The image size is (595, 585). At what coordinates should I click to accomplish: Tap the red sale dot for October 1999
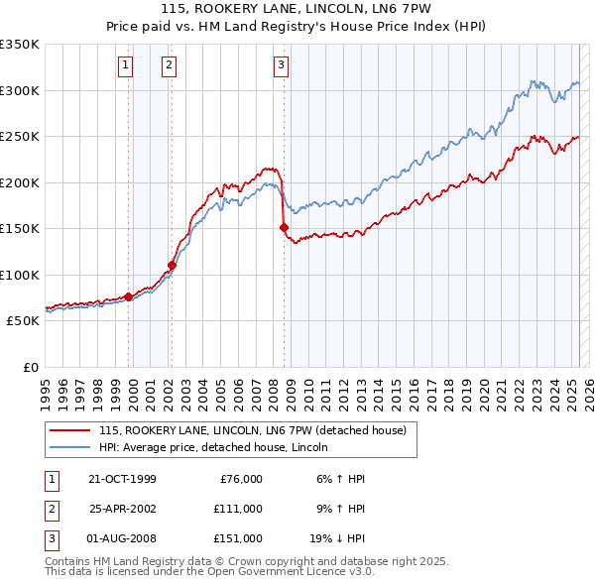(129, 296)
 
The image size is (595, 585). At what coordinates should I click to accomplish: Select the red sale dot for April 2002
(172, 265)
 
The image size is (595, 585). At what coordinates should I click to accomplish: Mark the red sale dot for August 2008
(284, 228)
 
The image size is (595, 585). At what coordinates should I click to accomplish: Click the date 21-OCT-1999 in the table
(122, 479)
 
